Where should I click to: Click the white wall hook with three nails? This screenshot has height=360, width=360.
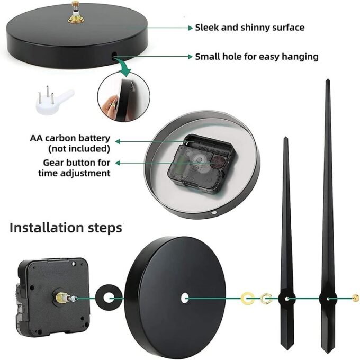click(x=54, y=101)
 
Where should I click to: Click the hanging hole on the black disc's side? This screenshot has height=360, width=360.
click(x=114, y=55)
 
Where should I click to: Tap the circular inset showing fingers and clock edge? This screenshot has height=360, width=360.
click(x=123, y=97)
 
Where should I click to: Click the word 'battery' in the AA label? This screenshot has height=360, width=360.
click(x=94, y=139)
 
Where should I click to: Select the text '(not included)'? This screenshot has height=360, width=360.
click(x=79, y=149)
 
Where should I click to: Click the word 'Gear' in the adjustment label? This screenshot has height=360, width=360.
click(x=53, y=163)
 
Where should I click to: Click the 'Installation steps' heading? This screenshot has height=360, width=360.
click(x=66, y=228)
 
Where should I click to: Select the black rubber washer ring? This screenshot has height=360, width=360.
click(x=99, y=298)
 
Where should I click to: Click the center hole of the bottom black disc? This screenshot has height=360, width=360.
click(x=185, y=298)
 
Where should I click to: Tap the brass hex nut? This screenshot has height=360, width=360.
click(x=266, y=299)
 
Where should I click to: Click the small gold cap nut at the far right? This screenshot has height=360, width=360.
click(x=355, y=298)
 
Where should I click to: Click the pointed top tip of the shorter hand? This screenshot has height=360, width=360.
click(x=285, y=137)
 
